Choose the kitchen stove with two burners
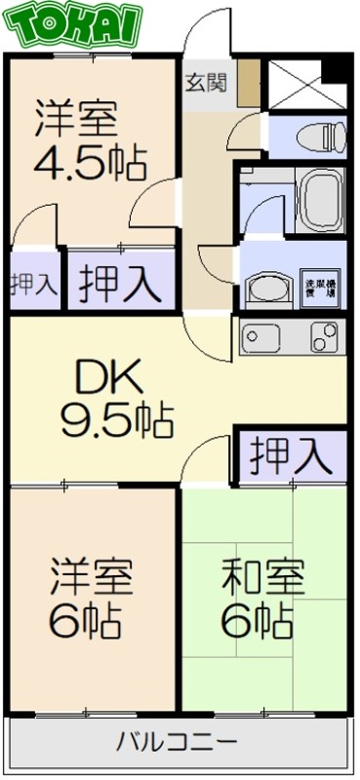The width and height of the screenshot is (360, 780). point(324,337)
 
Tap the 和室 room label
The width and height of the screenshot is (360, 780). point(263,578)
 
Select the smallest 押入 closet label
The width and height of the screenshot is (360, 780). point(32,285)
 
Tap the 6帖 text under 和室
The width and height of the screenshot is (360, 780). point(258,620)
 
